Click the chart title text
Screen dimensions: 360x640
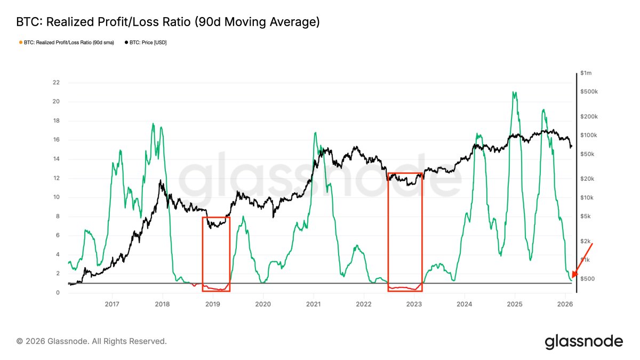pos(168,22)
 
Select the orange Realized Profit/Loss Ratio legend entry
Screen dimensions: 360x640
pos(66,42)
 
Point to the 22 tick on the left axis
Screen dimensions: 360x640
pos(56,83)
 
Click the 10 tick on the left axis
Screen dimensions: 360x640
pos(56,197)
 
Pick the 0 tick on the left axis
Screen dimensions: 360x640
pos(57,293)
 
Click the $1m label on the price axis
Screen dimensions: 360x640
pos(586,73)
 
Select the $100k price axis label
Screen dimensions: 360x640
pos(588,135)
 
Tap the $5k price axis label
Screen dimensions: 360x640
pos(586,216)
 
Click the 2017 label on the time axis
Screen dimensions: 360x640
pos(112,304)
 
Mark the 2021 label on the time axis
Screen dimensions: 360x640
pos(313,304)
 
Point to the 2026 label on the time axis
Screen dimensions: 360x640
pos(565,304)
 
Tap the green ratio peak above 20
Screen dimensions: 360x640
pos(514,92)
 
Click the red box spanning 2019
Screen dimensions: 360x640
pos(216,253)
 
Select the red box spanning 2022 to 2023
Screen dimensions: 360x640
pos(405,232)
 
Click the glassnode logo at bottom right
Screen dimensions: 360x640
pos(583,341)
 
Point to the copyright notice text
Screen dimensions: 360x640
pos(92,341)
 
